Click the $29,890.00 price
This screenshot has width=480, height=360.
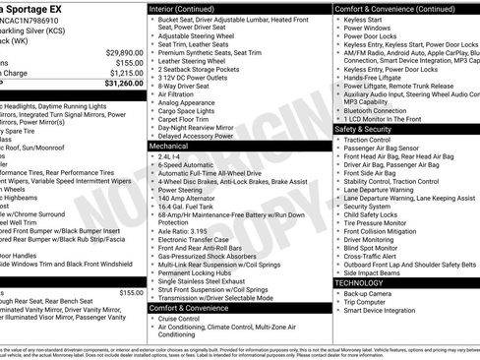click(x=125, y=51)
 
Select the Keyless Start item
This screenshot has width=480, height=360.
click(x=365, y=19)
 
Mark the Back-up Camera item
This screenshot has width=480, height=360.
click(x=371, y=293)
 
